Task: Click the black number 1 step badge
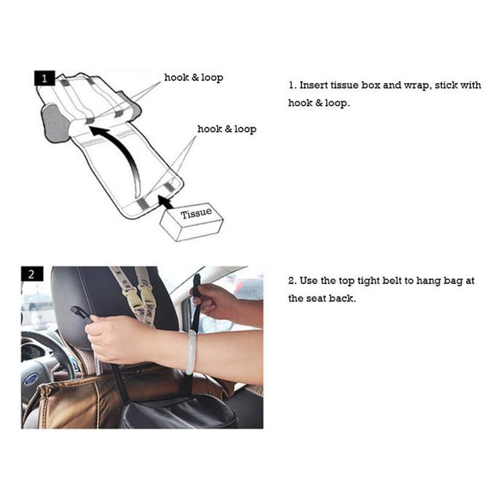pyautogui.click(x=44, y=78)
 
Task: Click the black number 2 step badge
pyautogui.click(x=32, y=274)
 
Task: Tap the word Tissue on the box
pyautogui.click(x=196, y=213)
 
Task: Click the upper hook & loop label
pyautogui.click(x=194, y=78)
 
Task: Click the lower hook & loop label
pyautogui.click(x=226, y=129)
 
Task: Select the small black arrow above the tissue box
pyautogui.click(x=165, y=202)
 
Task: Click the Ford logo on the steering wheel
pyautogui.click(x=31, y=379)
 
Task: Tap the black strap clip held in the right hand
pyautogui.click(x=197, y=285)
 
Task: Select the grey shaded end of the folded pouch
pyautogui.click(x=57, y=124)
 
